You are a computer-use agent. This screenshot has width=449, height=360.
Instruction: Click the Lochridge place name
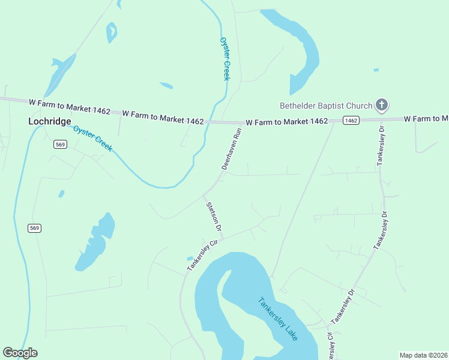pos(49,121)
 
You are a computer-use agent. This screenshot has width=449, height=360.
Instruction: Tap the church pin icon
pos(381,106)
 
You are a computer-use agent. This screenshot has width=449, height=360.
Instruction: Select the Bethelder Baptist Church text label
pos(326,106)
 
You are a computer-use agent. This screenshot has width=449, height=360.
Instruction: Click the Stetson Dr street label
pos(214,217)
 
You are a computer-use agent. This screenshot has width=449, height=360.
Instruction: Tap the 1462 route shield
pos(351,121)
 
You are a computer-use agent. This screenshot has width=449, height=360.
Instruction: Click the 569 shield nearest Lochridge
pos(59,144)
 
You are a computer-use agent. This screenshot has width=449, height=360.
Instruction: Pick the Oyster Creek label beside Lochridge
pos(93,139)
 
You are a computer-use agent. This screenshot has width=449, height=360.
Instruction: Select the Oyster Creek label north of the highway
pos(225,58)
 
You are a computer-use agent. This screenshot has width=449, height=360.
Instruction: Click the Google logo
pos(20,353)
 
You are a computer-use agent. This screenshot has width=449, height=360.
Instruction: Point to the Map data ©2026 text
pos(423,355)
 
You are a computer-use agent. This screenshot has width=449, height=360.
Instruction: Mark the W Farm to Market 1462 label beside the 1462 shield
pos(287,121)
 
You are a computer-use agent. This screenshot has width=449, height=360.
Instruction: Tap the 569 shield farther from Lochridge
pos(34,227)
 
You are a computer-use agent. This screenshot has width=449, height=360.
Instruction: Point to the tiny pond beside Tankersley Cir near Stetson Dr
pos(190,259)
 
